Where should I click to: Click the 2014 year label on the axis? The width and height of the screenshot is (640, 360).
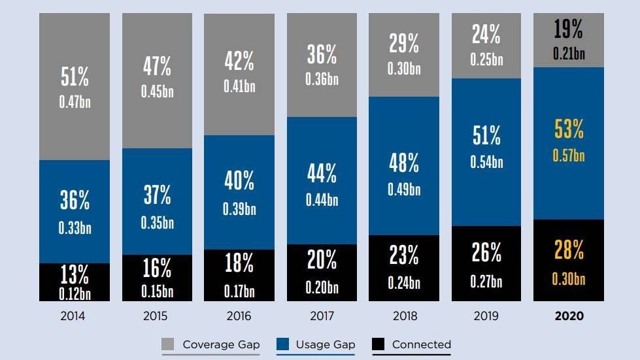[x=73, y=316]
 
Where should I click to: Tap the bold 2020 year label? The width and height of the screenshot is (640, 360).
[x=569, y=316]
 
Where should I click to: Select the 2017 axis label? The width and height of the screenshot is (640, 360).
[x=322, y=316]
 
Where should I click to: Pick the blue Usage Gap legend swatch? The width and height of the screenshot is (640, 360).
[x=283, y=344]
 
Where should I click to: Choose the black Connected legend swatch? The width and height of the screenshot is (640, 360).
[x=379, y=344]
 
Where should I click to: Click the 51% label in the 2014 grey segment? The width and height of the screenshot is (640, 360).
[x=75, y=77]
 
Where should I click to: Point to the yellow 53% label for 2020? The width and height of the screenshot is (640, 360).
[x=569, y=130]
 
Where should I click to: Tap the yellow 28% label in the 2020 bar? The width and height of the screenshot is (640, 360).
[x=569, y=250]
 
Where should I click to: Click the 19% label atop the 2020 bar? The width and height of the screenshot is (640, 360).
[x=569, y=29]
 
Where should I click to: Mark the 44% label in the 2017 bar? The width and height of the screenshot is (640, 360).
[x=322, y=174]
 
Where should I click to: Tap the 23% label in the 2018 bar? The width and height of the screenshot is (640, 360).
[x=404, y=255]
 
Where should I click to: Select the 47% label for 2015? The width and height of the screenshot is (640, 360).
[x=157, y=67]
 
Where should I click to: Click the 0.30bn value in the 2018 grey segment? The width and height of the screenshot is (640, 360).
[x=404, y=68]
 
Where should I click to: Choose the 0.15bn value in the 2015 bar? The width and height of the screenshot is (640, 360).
[x=157, y=291]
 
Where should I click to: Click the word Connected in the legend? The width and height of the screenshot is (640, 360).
[x=422, y=344]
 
